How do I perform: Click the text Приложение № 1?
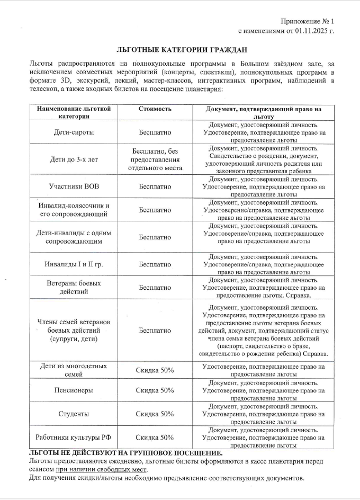pos(309,21)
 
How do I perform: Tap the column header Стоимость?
pos(155,109)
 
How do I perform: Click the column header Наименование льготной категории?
pos(74,112)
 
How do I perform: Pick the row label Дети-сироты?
pos(74,132)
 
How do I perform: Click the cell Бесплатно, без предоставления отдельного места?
pos(155,159)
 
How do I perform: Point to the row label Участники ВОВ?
pos(74,187)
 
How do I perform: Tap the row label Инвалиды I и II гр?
pos(74,264)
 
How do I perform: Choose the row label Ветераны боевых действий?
pos(74,287)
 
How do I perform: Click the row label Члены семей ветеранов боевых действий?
pos(74,330)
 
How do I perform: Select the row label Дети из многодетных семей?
pos(74,370)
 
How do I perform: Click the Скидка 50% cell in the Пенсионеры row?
pos(155,390)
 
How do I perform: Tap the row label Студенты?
pos(74,414)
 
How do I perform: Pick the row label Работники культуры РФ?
pos(74,437)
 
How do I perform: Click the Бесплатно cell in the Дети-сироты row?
pos(155,132)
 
